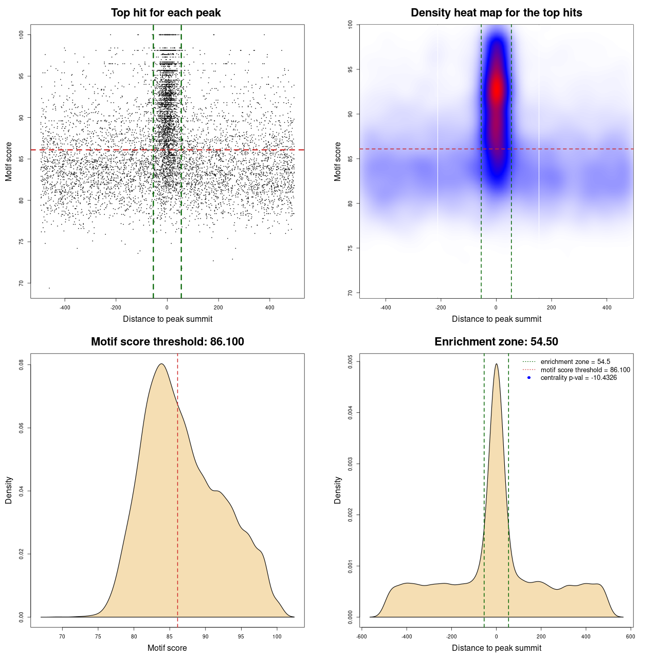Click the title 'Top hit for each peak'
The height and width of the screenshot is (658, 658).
(166, 13)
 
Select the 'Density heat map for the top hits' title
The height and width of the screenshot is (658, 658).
(496, 13)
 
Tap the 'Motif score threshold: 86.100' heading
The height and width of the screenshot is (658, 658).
(167, 342)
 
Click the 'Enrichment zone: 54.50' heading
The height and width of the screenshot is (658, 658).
(496, 342)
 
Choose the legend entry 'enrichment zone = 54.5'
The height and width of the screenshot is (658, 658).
(575, 362)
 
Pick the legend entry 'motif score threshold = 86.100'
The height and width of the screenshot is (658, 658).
(585, 370)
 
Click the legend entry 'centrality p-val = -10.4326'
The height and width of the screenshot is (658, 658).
(578, 378)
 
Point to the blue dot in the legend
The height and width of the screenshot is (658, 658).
(529, 378)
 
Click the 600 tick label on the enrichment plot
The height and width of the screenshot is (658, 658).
(631, 636)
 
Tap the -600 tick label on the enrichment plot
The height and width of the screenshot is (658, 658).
(362, 636)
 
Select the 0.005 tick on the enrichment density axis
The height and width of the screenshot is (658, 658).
(351, 362)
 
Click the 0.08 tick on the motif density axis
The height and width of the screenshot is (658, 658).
(22, 365)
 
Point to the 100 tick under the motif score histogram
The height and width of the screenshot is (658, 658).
(277, 636)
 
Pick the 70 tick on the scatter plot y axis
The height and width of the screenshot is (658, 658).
(22, 283)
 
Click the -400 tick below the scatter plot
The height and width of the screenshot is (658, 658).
(65, 307)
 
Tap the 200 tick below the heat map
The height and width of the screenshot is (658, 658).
(552, 307)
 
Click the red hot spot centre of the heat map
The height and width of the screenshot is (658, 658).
(496, 90)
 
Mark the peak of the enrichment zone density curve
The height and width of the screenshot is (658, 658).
(496, 364)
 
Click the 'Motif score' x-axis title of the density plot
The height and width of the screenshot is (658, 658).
(167, 648)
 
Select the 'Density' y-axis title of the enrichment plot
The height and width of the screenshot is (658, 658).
(338, 490)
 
